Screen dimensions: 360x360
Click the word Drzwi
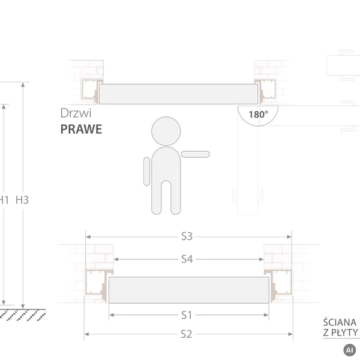pyautogui.click(x=76, y=113)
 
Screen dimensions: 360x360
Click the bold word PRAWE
pyautogui.click(x=81, y=129)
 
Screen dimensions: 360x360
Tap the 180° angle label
pyautogui.click(x=258, y=115)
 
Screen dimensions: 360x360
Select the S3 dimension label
pyautogui.click(x=187, y=236)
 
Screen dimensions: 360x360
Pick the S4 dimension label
pyautogui.click(x=187, y=259)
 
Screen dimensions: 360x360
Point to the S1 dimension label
pyautogui.click(x=187, y=315)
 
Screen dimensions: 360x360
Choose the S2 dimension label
pyautogui.click(x=186, y=334)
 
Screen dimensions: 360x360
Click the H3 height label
pyautogui.click(x=22, y=200)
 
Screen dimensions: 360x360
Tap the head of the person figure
pyautogui.click(x=166, y=131)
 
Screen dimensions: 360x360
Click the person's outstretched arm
pyautogui.click(x=196, y=154)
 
